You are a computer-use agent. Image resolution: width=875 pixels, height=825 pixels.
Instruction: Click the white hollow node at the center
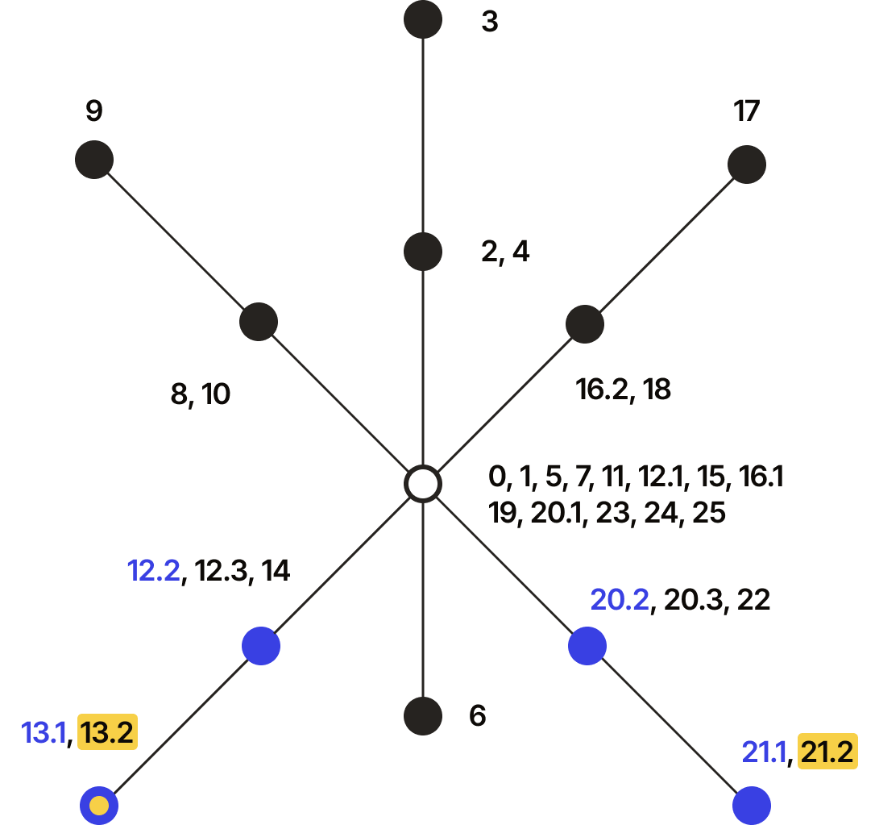tap(423, 484)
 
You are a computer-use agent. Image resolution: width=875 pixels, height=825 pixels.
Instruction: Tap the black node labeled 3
tap(423, 19)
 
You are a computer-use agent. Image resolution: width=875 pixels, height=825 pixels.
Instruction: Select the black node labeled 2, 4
tap(423, 252)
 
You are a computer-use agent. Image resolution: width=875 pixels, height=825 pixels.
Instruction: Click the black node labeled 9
tap(94, 160)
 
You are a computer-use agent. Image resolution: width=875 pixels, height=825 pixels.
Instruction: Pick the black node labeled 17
tap(747, 165)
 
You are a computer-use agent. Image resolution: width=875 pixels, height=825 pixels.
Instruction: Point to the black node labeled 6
tap(423, 716)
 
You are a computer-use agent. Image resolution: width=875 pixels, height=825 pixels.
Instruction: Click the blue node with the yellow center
tap(99, 806)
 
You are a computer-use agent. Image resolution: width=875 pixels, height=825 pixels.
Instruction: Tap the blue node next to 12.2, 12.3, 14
tap(260, 646)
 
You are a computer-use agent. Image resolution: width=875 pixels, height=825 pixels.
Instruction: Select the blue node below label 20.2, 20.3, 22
tap(587, 646)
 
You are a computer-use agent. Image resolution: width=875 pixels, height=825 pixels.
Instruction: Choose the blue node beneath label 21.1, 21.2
tap(752, 806)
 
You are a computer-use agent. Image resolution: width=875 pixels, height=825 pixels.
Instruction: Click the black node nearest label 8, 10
tap(259, 322)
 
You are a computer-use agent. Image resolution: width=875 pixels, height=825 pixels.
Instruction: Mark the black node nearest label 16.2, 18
tap(585, 324)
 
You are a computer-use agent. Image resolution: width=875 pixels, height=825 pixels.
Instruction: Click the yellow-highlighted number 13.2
tap(107, 731)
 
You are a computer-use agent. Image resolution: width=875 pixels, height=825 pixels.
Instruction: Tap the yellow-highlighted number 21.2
tap(827, 752)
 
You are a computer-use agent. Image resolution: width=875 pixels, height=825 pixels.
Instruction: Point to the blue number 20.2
tap(620, 600)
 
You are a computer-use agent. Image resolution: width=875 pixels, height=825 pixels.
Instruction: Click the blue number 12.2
tap(154, 571)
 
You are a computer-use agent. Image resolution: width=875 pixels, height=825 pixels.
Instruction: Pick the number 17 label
tap(747, 110)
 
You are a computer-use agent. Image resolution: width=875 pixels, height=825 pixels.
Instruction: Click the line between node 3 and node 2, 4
tap(423, 135)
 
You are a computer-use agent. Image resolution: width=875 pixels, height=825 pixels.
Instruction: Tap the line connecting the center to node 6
tap(423, 600)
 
